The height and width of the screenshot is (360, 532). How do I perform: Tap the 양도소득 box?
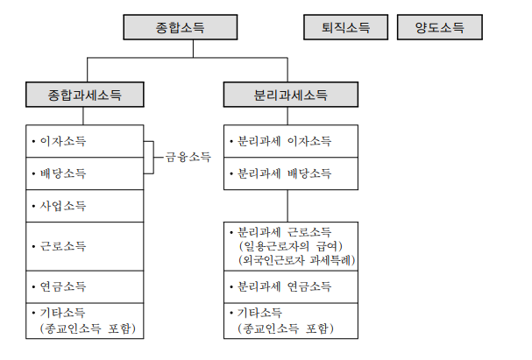438,28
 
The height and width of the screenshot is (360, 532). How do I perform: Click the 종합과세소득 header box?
84,95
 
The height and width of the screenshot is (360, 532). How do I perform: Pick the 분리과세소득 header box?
288,95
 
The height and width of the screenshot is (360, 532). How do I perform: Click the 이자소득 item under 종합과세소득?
64,141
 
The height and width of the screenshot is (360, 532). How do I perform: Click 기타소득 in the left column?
64,313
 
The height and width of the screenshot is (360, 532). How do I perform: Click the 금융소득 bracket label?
188,158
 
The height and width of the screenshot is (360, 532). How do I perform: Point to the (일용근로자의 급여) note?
290,246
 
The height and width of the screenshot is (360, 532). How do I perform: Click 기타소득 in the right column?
260,313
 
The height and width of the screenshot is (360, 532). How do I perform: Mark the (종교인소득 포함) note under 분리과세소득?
286,328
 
